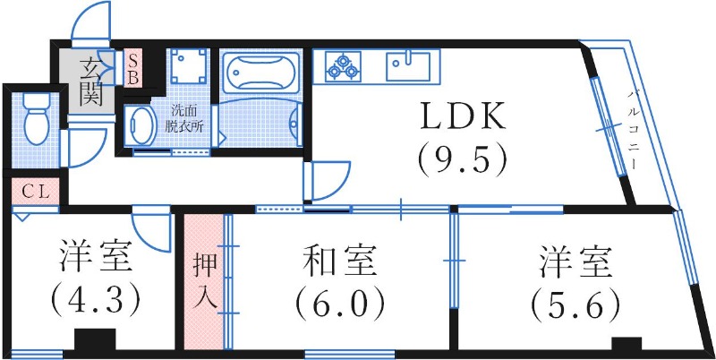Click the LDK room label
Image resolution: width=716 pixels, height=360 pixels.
[x=463, y=117]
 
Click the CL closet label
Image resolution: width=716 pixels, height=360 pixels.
[x=35, y=190]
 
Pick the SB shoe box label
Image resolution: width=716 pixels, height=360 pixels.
[x=132, y=68]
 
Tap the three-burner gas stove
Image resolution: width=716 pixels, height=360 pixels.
[x=343, y=64]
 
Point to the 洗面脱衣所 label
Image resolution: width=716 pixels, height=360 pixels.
[x=187, y=118]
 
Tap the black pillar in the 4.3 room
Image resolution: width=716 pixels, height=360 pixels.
[x=95, y=344]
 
